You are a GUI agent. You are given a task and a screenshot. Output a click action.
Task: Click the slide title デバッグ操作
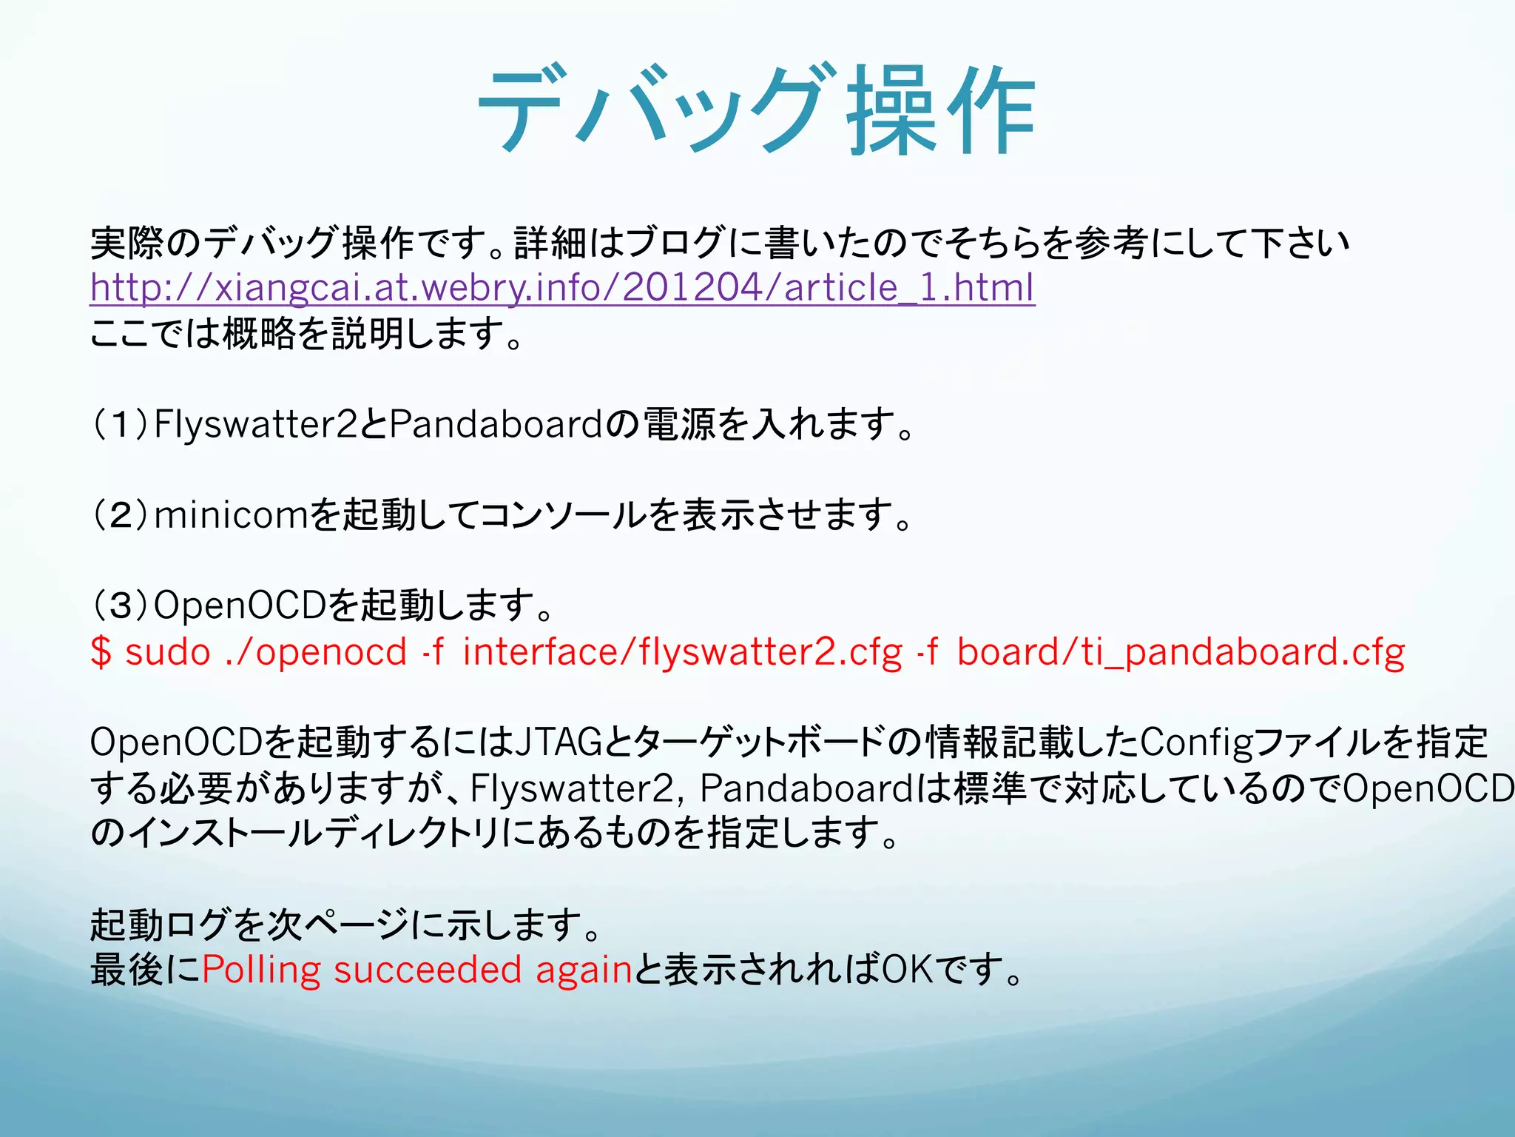coord(756,111)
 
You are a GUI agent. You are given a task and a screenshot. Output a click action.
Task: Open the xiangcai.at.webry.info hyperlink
coord(562,287)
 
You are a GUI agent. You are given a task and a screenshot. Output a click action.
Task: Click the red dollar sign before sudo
coord(101,652)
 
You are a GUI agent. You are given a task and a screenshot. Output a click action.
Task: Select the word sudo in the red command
coord(168,652)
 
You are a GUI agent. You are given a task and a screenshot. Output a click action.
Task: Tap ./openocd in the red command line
coord(316,652)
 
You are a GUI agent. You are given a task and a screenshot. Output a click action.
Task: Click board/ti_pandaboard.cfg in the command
coord(1181,652)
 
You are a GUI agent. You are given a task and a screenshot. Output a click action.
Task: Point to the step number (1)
coord(120,424)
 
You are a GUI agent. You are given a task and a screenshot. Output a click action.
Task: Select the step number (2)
coord(120,515)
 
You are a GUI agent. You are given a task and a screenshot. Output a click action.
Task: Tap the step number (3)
coord(120,606)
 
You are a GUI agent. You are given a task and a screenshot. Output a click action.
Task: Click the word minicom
coord(230,515)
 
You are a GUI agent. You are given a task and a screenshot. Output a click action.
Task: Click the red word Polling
coord(261,970)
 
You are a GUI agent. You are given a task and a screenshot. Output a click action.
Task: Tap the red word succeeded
coord(428,970)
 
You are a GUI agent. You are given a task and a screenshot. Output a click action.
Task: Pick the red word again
coord(584,970)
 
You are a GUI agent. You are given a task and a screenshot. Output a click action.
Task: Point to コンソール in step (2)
coord(563,515)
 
